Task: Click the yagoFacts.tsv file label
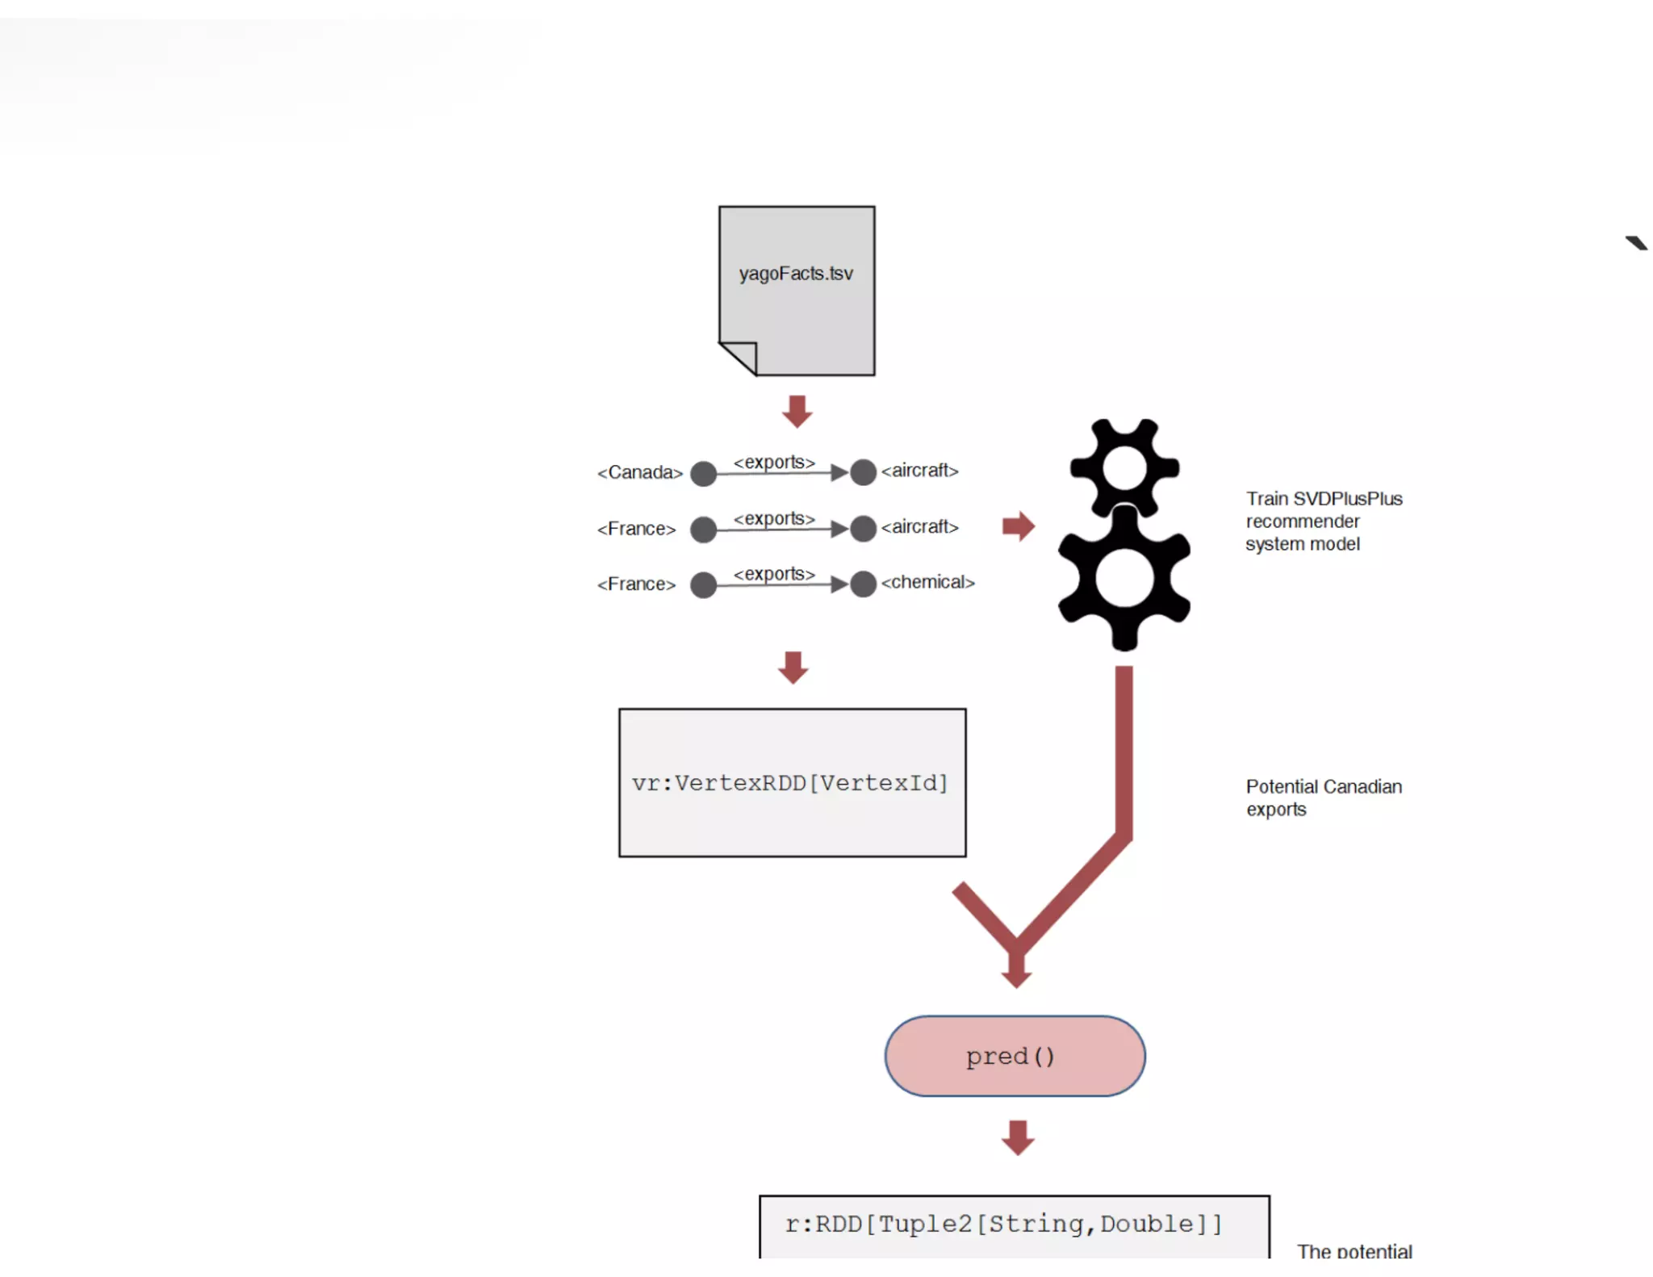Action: [x=795, y=274]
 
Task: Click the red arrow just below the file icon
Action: [x=797, y=411]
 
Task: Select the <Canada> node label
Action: [x=639, y=472]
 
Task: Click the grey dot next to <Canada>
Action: [x=703, y=473]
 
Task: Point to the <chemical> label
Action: [x=927, y=582]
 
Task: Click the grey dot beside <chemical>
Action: [x=863, y=584]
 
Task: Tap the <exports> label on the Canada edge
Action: [x=773, y=462]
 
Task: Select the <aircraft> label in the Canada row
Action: [x=919, y=471]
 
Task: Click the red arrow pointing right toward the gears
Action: [x=1018, y=526]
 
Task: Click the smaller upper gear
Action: [x=1124, y=467]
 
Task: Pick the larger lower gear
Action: [x=1124, y=578]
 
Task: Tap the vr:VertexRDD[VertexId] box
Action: [x=792, y=782]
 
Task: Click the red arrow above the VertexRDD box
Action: [x=793, y=667]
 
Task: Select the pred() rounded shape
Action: [x=1014, y=1056]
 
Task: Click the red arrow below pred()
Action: [x=1017, y=1137]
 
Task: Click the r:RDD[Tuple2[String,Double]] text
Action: [x=1003, y=1224]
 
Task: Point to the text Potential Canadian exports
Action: [x=1323, y=798]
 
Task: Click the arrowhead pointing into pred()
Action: [x=1016, y=974]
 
